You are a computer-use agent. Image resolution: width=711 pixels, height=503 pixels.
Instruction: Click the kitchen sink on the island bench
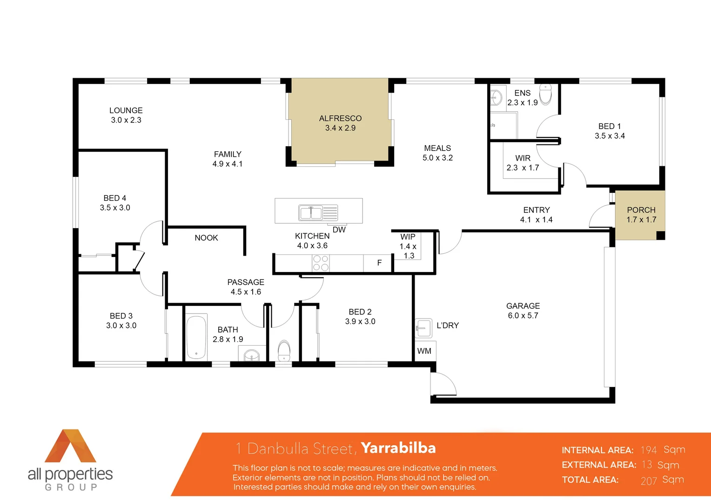311,213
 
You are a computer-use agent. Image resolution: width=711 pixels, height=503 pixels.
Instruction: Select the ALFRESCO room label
340,118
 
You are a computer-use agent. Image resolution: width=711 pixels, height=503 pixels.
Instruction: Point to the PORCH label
641,210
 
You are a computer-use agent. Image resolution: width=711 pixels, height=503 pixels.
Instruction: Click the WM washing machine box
424,351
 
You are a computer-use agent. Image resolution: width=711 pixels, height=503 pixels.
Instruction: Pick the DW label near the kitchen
339,230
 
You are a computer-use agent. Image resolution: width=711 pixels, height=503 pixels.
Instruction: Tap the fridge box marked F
379,263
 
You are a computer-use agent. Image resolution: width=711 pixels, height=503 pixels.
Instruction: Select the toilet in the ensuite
545,94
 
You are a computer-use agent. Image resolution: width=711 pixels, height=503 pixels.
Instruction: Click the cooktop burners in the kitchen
321,263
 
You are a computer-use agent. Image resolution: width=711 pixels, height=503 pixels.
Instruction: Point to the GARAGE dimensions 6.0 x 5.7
523,316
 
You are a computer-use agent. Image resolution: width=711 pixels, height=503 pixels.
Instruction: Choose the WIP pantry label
408,237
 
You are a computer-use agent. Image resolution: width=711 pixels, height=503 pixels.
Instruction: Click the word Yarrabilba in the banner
398,448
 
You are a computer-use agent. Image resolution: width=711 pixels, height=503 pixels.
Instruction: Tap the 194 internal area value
649,450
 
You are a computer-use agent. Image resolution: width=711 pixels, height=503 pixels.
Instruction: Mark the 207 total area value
649,481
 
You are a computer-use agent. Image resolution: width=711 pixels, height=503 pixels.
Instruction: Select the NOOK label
206,238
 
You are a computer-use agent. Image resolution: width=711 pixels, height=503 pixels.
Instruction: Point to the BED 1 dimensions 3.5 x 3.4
610,136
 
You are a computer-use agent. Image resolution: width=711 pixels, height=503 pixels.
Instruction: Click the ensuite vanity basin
496,98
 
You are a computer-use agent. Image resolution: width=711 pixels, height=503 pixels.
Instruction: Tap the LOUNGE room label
126,110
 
